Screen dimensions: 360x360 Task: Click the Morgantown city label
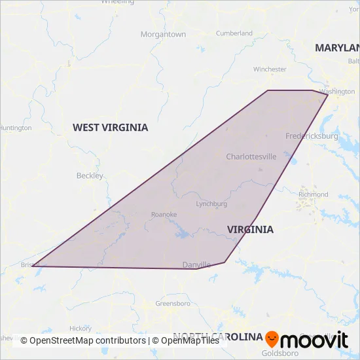163,34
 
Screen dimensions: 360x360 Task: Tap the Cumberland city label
234,33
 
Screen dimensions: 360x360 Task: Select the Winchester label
270,69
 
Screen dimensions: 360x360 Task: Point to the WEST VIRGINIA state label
110,127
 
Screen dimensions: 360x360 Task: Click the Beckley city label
90,175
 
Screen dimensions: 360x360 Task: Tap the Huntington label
14,128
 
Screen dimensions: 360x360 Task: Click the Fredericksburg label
312,136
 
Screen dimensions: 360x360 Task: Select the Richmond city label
313,194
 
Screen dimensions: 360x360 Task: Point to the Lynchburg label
211,204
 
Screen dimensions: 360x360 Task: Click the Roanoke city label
164,214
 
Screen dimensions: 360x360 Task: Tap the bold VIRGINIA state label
250,229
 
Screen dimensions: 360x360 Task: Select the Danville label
196,264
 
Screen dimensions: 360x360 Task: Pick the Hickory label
81,328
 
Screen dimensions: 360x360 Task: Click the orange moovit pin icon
272,339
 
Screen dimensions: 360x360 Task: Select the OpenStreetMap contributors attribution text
82,340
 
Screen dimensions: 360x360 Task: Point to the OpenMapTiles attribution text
190,340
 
